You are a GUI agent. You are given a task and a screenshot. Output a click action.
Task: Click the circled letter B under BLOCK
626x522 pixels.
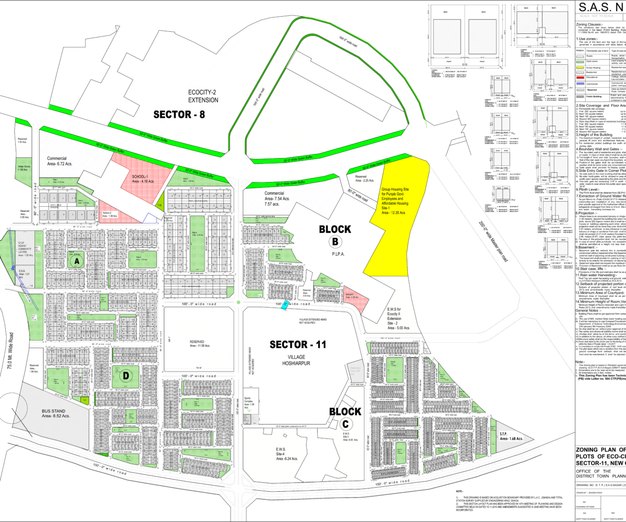pos(334,241)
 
